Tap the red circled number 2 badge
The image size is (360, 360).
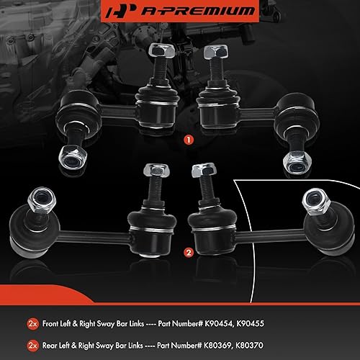click(187, 253)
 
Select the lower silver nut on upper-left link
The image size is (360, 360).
click(73, 154)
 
